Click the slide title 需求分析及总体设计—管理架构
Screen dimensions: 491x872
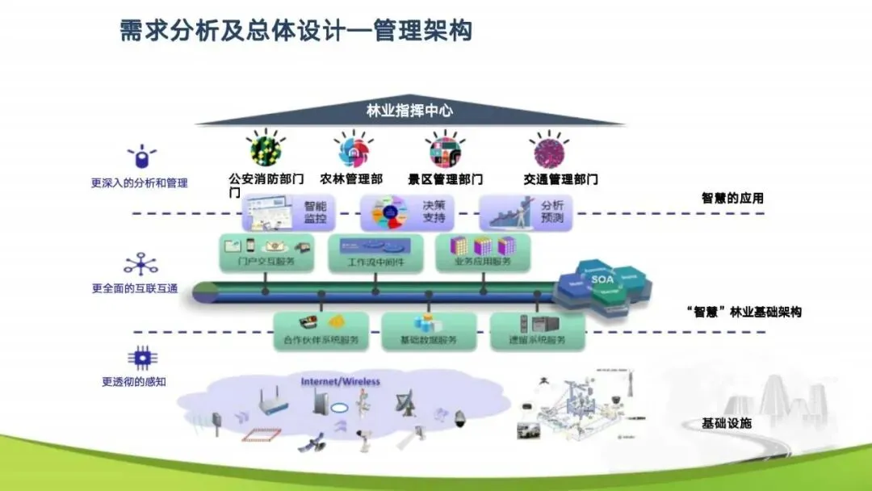point(296,31)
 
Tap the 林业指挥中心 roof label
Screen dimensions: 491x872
point(409,111)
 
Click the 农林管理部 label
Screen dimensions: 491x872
point(351,178)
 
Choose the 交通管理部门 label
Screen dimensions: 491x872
point(560,178)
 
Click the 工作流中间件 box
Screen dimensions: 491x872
point(375,252)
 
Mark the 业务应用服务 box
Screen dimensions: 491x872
point(483,252)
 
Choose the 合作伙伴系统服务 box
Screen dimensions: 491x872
point(321,330)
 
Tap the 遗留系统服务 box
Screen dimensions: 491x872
point(537,330)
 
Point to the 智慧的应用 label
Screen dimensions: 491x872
point(732,198)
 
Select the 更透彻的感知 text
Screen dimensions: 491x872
point(134,382)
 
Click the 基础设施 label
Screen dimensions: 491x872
point(727,423)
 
